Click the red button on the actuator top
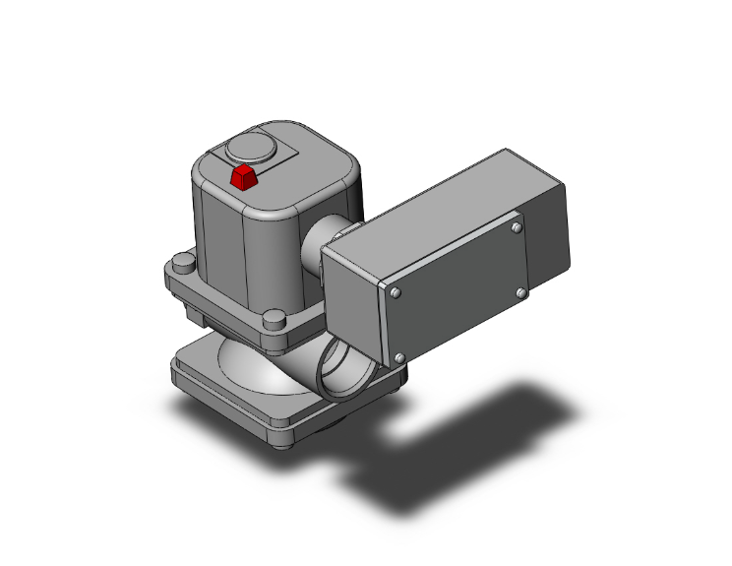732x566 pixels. click(x=242, y=177)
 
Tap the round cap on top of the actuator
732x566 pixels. click(x=247, y=150)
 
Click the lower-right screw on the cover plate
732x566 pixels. click(x=521, y=292)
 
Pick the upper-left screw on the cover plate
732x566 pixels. click(x=395, y=292)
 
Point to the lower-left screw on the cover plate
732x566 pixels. click(x=399, y=357)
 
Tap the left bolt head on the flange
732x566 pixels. click(x=180, y=264)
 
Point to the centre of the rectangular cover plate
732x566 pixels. click(x=458, y=292)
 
